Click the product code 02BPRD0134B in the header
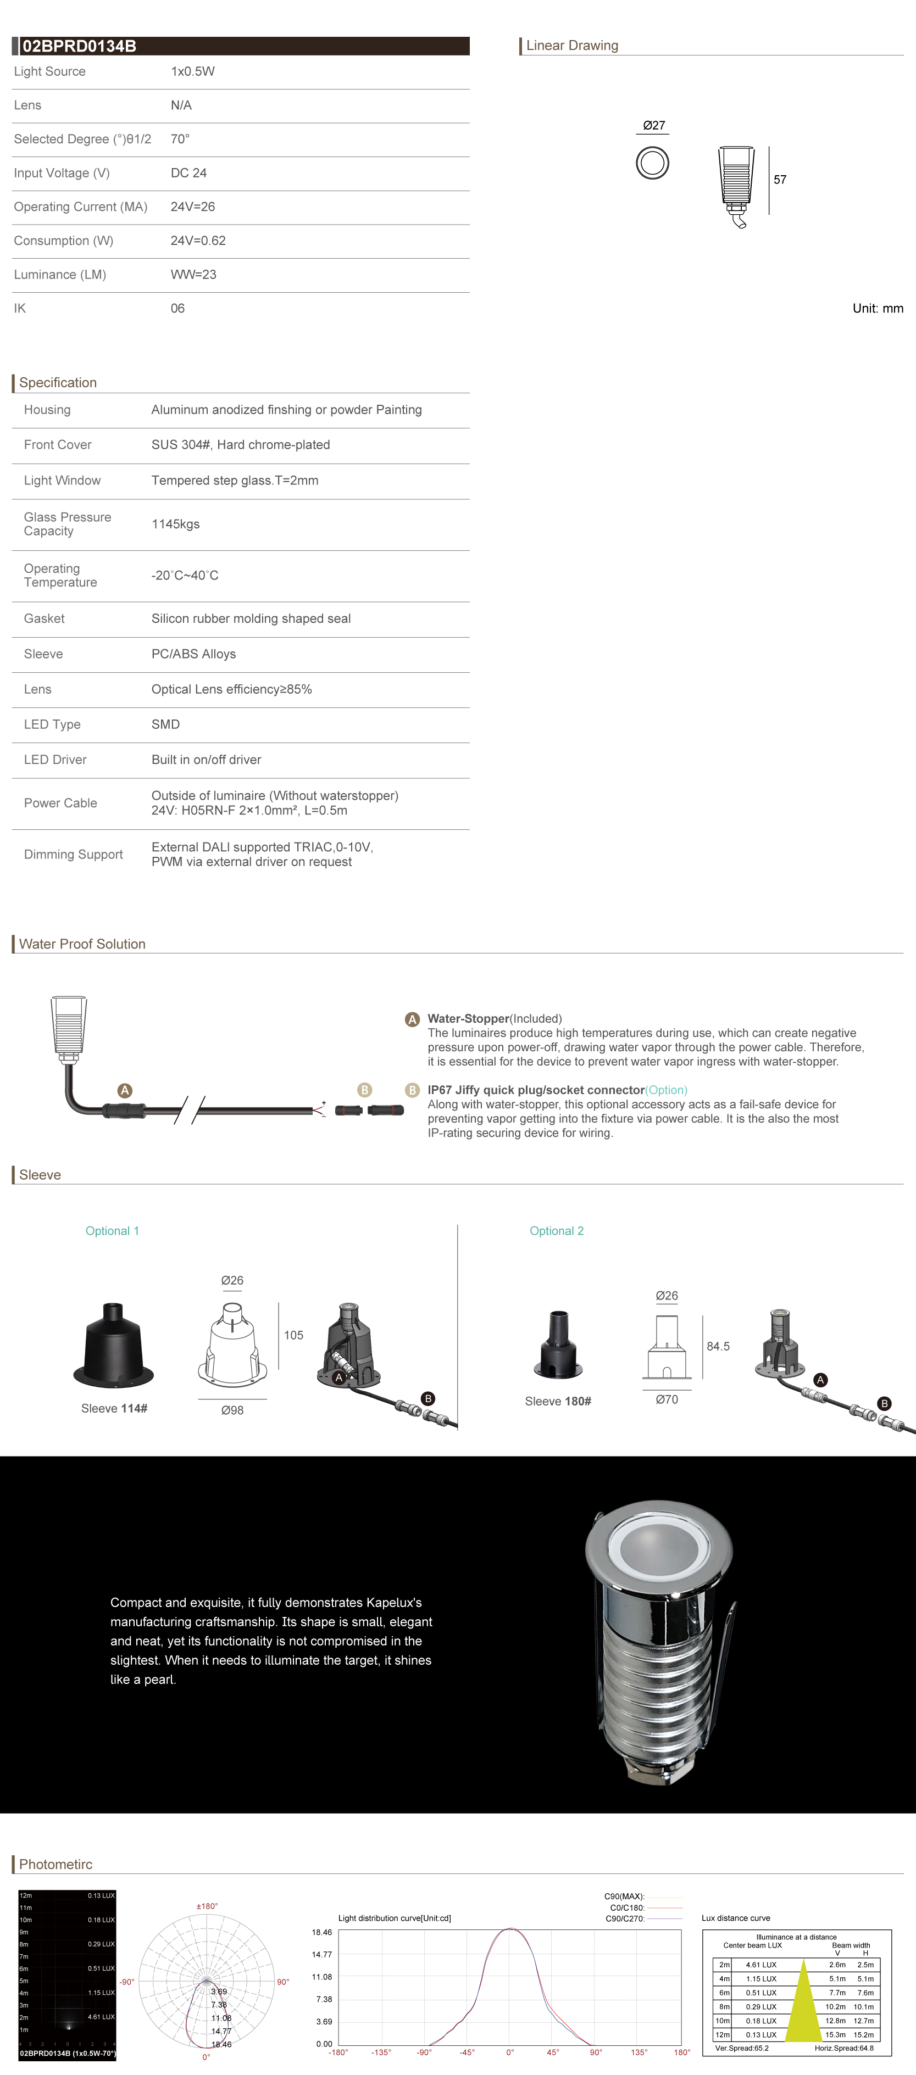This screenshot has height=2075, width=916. pos(79,47)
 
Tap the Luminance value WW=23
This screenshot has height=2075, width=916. pos(193,275)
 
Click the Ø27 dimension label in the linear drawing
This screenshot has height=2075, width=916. pos(653,126)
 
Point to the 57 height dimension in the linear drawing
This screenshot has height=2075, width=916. pos(780,180)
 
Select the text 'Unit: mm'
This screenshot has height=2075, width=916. pos(878,309)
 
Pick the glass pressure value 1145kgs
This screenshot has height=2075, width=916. pos(176,525)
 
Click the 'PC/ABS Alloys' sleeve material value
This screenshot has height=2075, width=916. pos(193,654)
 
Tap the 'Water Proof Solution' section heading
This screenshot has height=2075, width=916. pos(82,944)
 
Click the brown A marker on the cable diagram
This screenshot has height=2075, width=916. pos(125,1091)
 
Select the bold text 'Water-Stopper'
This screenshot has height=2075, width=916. pos(468,1019)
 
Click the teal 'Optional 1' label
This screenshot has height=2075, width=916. pos(112,1231)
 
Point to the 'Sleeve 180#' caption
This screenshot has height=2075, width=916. pos(558,1402)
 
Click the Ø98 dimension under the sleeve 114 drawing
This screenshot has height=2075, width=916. pos(232,1410)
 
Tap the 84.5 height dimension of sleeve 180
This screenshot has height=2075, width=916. pos(718,1346)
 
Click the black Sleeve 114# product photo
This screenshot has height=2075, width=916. pos(114,1345)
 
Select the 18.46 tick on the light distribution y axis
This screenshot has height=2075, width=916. pos(321,1932)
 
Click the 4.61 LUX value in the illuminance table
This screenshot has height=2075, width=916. pos(760,1965)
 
